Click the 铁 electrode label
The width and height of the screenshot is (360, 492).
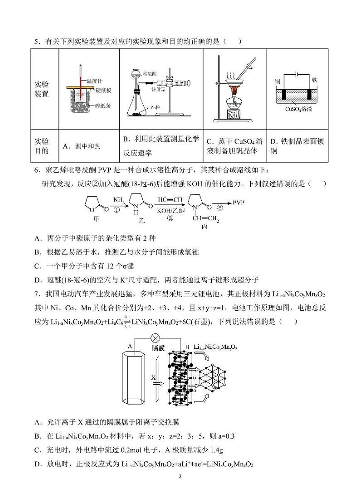(x=315, y=80)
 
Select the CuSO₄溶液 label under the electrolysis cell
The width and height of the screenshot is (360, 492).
(x=297, y=109)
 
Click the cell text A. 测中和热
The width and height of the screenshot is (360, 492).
(x=81, y=146)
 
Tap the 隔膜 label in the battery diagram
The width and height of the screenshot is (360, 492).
(x=158, y=349)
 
